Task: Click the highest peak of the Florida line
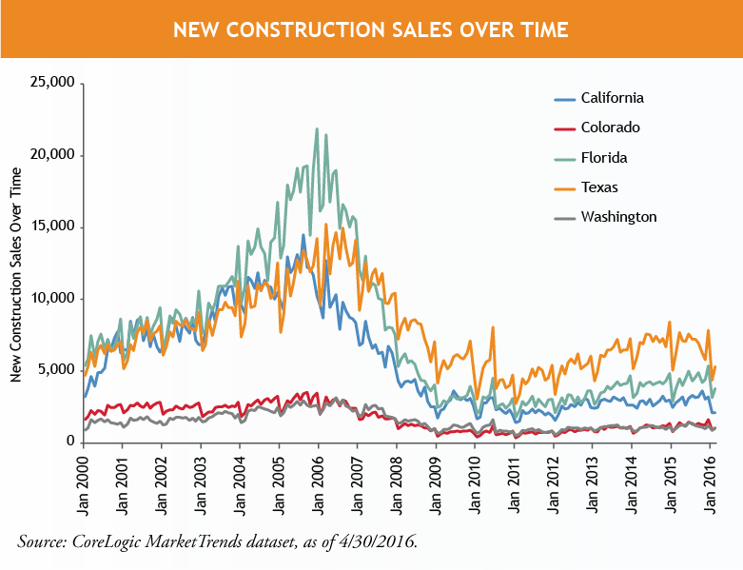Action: point(317,129)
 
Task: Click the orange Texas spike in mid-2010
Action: point(493,328)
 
